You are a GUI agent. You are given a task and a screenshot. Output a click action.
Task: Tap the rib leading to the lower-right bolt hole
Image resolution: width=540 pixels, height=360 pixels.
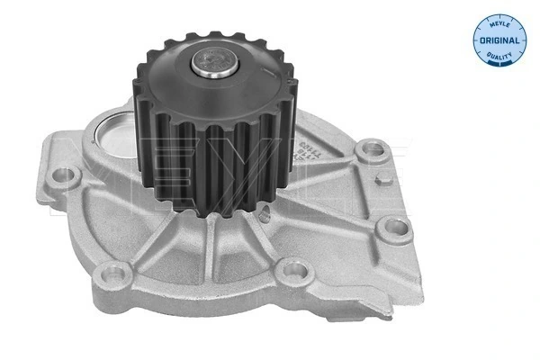(x=351, y=216)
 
